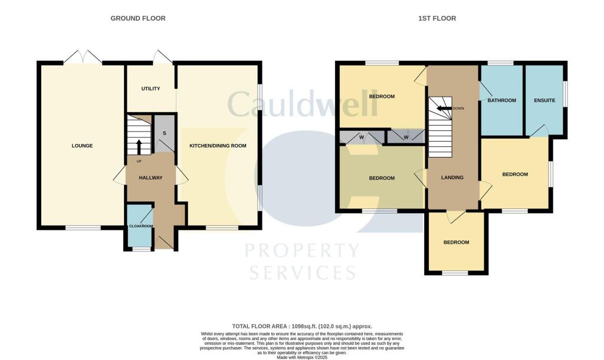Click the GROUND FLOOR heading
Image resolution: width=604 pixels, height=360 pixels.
point(138,18)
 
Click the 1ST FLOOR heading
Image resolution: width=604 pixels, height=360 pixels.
point(437,18)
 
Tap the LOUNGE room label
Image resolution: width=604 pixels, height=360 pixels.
point(82,146)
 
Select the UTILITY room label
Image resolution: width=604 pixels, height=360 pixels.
point(150,89)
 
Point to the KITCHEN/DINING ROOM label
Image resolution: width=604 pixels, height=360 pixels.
point(218,146)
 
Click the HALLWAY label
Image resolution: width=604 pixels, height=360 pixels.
point(150,178)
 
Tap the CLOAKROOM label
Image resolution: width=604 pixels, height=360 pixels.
point(141,226)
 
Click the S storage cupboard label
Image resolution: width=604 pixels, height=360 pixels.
point(165,133)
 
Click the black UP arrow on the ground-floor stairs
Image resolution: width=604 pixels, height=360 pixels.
point(139,146)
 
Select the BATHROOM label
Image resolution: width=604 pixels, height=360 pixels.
point(501,100)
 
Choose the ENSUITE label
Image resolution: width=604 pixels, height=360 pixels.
point(544,100)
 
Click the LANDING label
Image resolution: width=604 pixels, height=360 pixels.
point(452,178)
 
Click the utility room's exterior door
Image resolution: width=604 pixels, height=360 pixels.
point(163,57)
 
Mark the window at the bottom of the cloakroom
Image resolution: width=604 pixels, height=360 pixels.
point(141,250)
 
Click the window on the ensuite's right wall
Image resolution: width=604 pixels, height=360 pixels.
point(564,94)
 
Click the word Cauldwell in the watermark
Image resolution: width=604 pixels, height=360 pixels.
point(302,104)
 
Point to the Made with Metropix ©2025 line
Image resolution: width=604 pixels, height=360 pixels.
point(301,356)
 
